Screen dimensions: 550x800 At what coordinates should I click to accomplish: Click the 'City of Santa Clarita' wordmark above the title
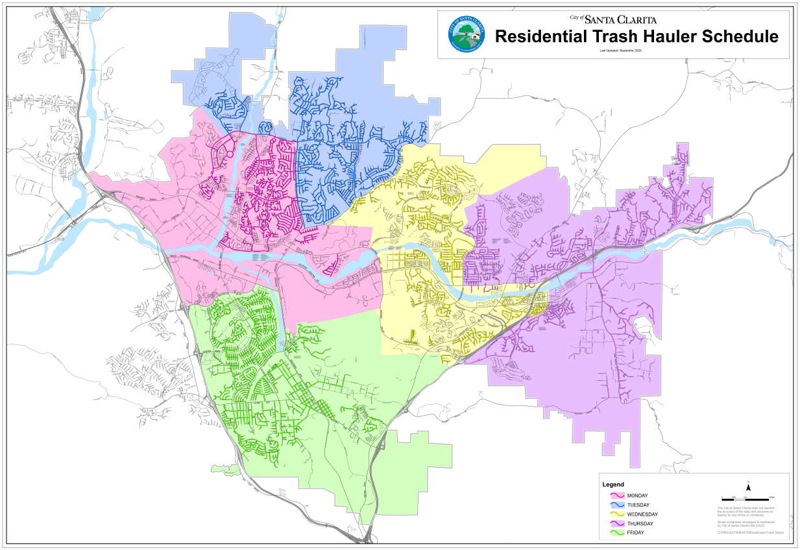click(612, 19)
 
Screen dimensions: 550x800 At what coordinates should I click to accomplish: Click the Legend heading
click(613, 484)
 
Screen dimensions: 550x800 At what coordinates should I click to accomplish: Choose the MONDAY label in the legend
click(638, 496)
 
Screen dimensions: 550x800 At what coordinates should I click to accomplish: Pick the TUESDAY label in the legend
click(638, 505)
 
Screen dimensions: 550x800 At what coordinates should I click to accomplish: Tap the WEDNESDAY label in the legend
click(642, 514)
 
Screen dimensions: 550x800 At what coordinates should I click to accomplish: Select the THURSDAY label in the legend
click(640, 523)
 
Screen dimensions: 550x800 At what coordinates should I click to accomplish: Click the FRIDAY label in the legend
click(636, 533)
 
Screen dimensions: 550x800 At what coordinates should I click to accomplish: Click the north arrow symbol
click(748, 486)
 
